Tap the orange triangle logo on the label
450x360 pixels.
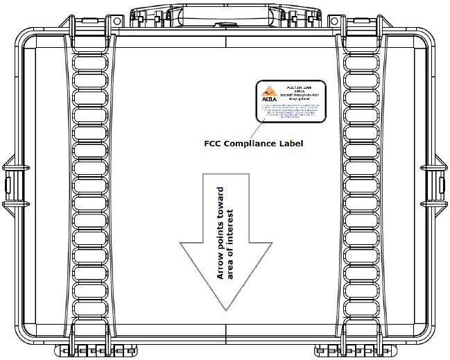click(x=266, y=92)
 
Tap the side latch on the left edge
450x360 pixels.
click(x=6, y=185)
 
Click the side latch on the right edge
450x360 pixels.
click(x=443, y=185)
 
